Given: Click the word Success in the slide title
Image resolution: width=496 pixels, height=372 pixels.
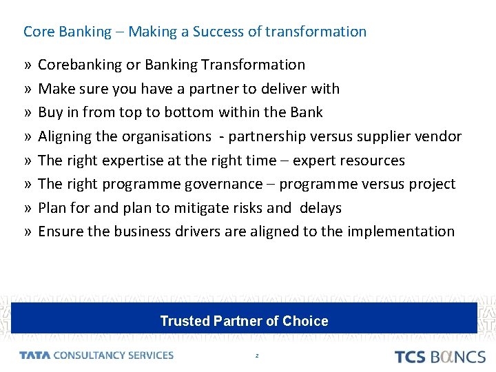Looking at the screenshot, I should pyautogui.click(x=216, y=32).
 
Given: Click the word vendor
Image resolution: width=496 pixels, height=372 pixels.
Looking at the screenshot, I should pyautogui.click(x=439, y=136).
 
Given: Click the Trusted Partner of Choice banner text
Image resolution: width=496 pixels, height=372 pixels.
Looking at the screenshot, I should pyautogui.click(x=244, y=321).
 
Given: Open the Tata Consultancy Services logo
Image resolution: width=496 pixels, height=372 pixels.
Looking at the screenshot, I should pyautogui.click(x=96, y=355).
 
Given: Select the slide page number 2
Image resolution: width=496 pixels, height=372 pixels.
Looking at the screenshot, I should pyautogui.click(x=256, y=355).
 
